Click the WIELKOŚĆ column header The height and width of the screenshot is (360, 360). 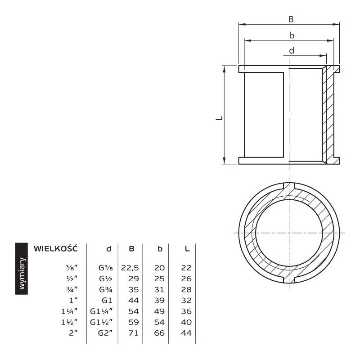pos(56,248)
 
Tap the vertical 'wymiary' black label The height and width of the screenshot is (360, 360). pos(22,269)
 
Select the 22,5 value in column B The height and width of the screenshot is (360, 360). pos(130,268)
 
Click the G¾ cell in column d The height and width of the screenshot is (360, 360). pos(106,289)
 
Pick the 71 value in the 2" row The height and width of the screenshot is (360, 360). pos(133,333)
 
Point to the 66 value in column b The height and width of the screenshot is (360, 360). pos(159,333)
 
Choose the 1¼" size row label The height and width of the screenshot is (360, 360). pos(69,311)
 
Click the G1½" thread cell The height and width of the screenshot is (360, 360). pos(102,322)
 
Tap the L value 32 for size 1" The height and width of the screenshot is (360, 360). pos(186,300)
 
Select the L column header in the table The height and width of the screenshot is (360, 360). pos(188,249)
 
